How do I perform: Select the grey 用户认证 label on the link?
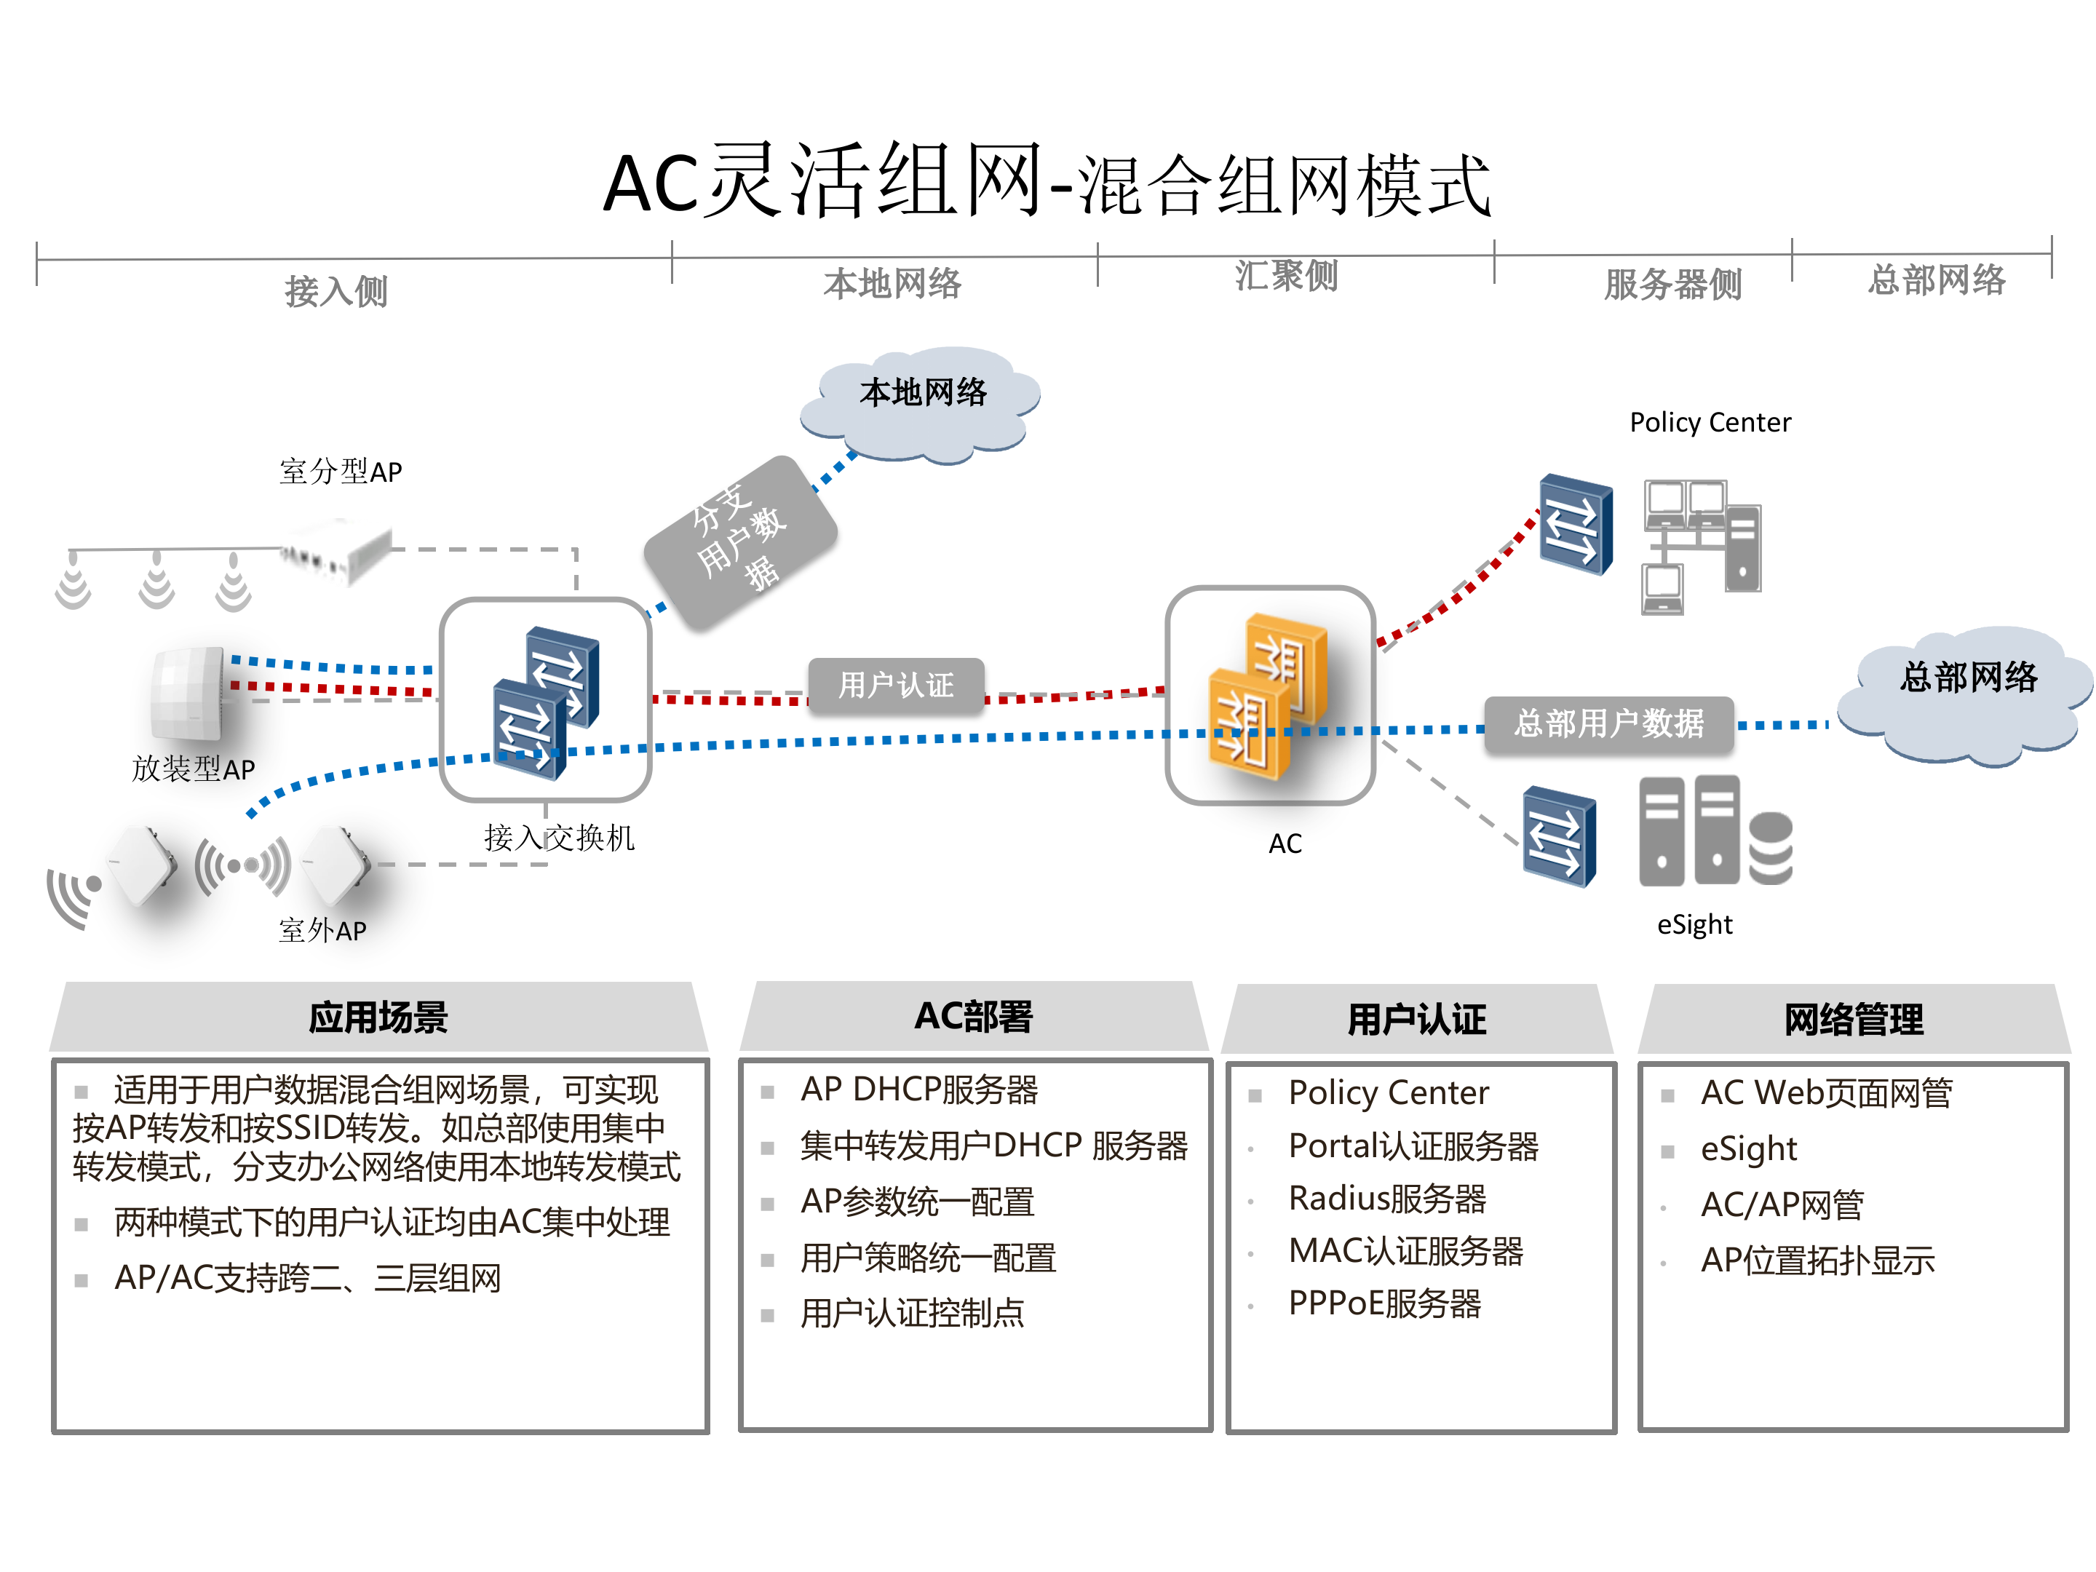point(895,684)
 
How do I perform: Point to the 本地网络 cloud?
point(921,402)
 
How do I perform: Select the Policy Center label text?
point(1710,423)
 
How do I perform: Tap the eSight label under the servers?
point(1694,924)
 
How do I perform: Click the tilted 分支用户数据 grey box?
point(740,542)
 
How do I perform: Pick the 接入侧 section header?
point(336,290)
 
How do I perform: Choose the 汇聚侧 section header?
point(1286,276)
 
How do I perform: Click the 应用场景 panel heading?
point(378,1017)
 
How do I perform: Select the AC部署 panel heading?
point(973,1016)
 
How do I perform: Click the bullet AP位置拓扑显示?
point(1817,1261)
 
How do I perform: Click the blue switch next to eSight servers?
point(1559,837)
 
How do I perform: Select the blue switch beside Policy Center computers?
point(1576,524)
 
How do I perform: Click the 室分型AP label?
point(340,471)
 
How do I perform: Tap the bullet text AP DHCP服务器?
point(919,1089)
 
